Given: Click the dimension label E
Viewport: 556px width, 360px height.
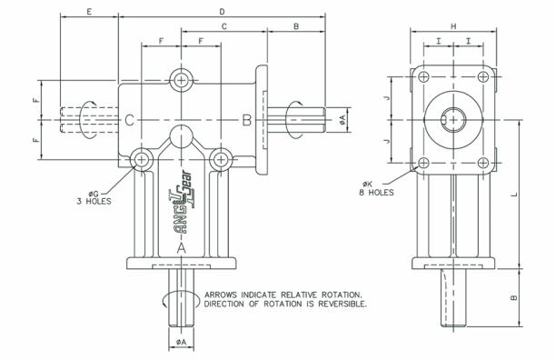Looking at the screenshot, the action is pyautogui.click(x=89, y=12).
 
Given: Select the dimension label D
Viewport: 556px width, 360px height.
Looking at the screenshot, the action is pyautogui.click(x=222, y=12).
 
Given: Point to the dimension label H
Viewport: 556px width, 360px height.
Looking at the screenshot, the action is pyautogui.click(x=453, y=26).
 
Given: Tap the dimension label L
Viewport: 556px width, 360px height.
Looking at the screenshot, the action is pyautogui.click(x=515, y=194).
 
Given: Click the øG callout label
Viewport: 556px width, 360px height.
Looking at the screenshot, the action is pyautogui.click(x=94, y=194).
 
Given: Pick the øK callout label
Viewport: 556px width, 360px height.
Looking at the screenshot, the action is pyautogui.click(x=367, y=184).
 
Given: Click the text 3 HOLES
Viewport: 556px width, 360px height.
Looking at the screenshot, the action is pyautogui.click(x=94, y=202).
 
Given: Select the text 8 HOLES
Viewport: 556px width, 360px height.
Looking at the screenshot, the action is pyautogui.click(x=376, y=193).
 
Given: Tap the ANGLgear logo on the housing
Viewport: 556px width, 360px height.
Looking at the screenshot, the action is pyautogui.click(x=183, y=203).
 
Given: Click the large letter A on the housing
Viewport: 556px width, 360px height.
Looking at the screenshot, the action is pyautogui.click(x=181, y=248).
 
